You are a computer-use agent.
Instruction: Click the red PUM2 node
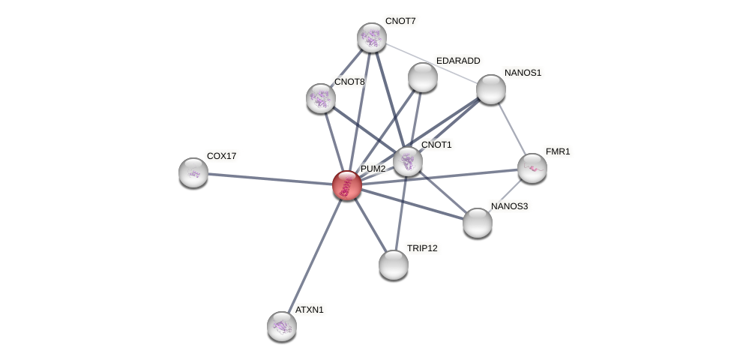346,184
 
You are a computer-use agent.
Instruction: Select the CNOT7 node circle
371,37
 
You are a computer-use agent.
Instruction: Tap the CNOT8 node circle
321,98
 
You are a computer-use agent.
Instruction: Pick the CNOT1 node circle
408,160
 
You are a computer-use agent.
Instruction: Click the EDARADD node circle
423,77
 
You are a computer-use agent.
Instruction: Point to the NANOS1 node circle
491,89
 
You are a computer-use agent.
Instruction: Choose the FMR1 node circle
532,168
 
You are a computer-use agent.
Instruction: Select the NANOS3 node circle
478,223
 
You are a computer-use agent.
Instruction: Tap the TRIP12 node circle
394,265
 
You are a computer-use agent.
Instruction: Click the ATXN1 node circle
282,325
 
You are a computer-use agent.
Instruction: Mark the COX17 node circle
193,172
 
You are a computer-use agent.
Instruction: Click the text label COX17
221,156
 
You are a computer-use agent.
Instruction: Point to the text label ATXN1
309,310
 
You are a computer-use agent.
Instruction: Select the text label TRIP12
422,248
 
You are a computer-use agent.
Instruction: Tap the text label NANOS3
510,206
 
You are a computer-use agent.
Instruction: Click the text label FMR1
557,151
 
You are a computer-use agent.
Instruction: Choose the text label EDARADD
458,61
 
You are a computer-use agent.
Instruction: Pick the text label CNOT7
400,21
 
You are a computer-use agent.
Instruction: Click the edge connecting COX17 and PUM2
270,178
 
